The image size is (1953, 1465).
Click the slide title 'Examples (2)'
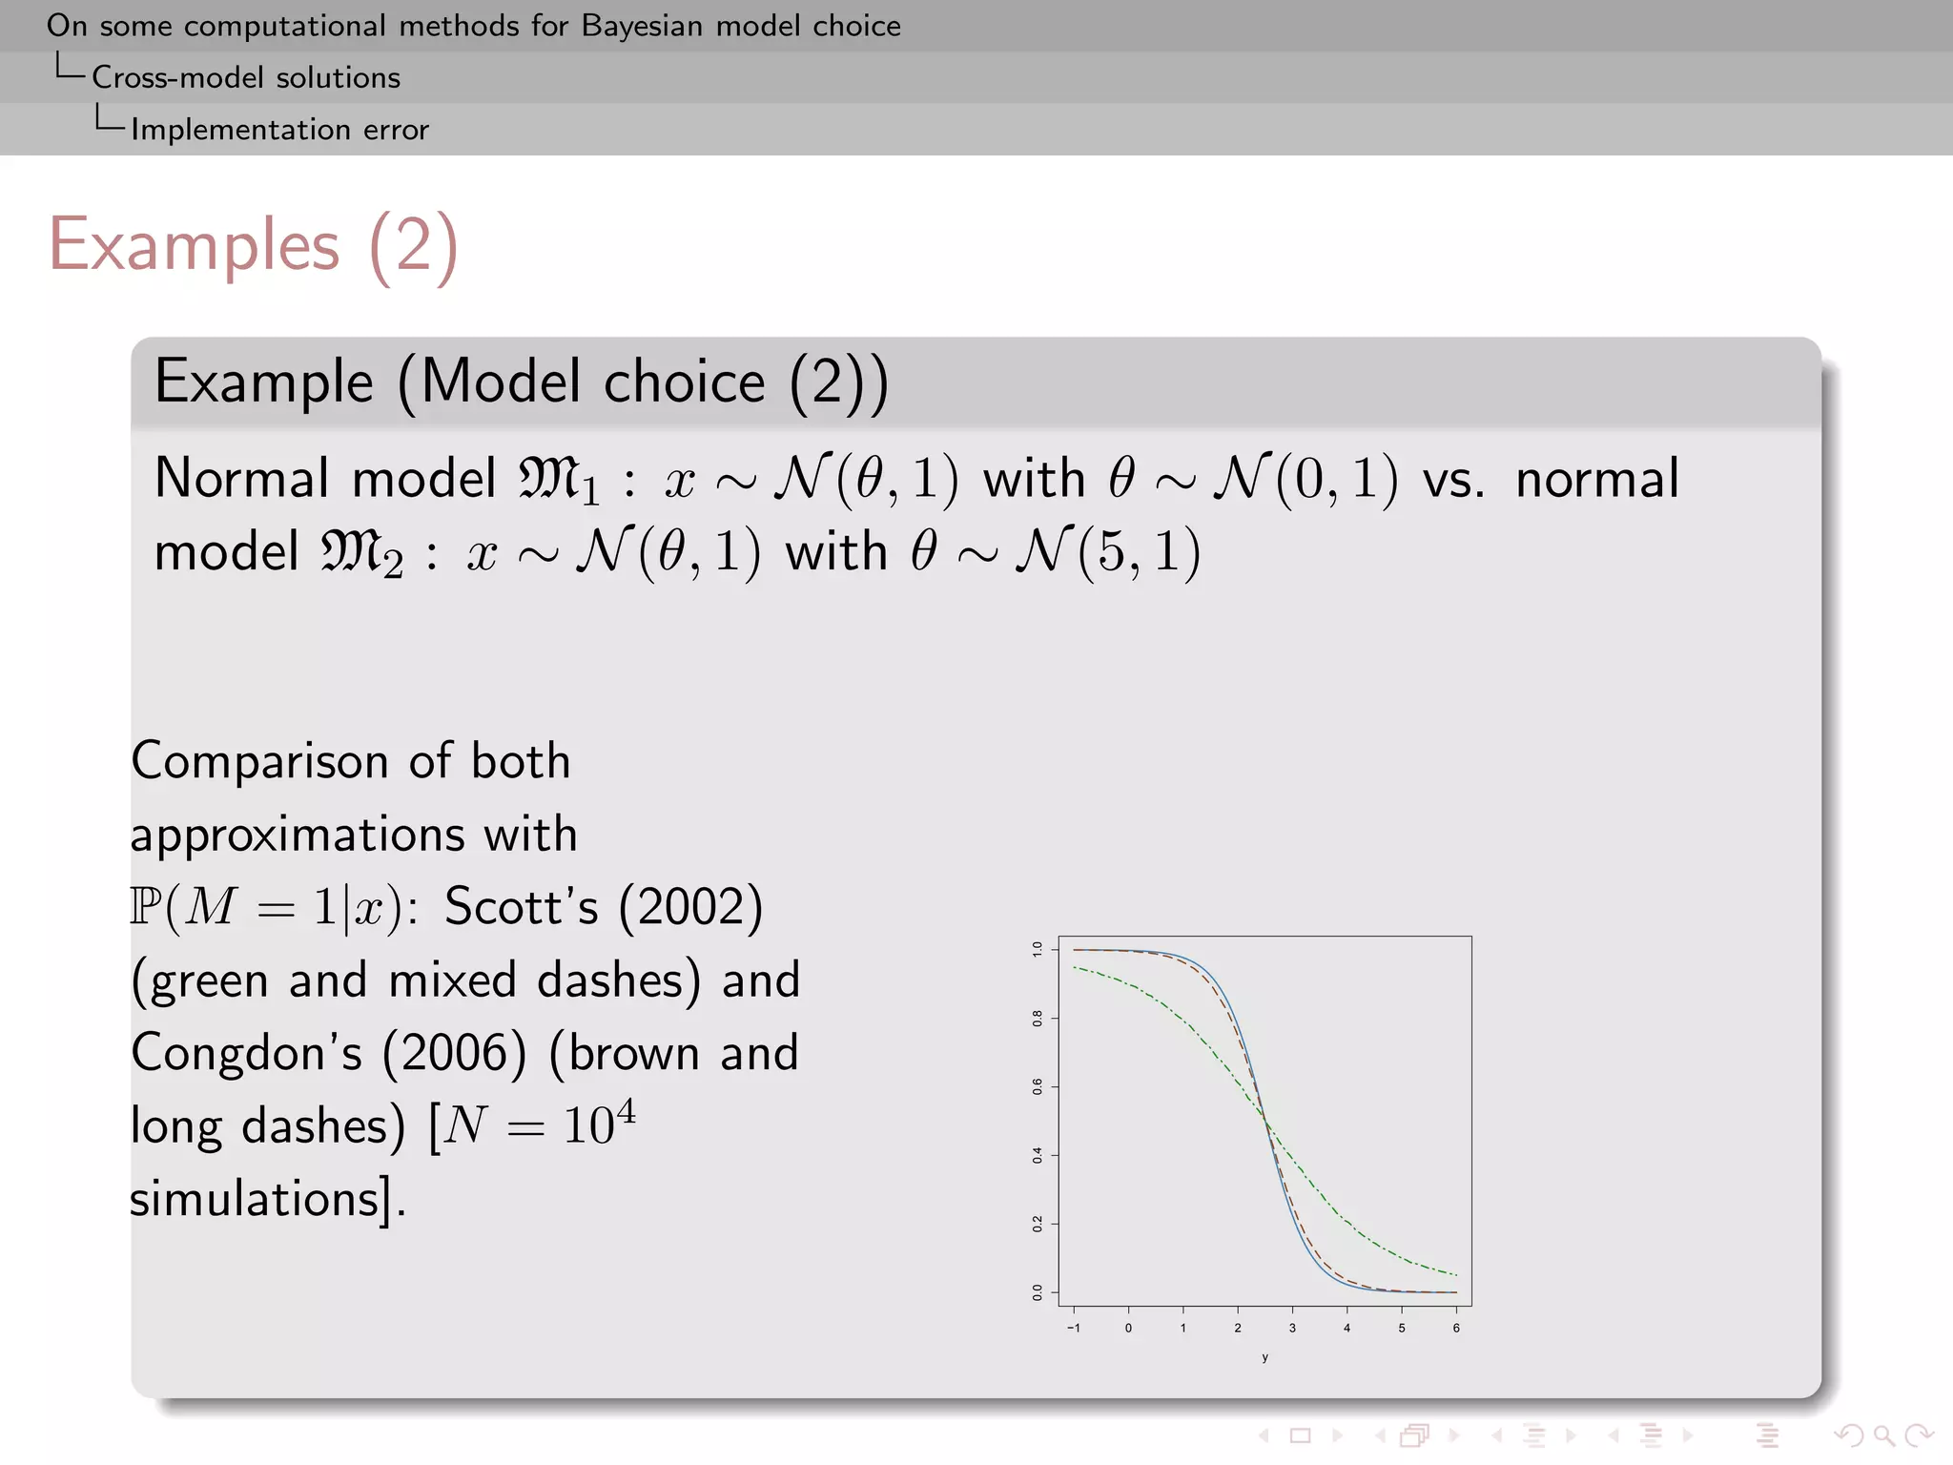(254, 245)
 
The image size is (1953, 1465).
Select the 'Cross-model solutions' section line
(245, 77)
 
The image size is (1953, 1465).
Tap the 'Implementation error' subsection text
(279, 130)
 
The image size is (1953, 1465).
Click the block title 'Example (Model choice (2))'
(521, 382)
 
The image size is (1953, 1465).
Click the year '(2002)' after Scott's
(690, 906)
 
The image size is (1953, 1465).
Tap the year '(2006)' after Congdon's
(454, 1053)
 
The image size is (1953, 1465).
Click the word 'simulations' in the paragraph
(255, 1199)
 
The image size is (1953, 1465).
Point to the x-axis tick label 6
(1456, 1328)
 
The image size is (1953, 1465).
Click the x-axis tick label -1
(1074, 1328)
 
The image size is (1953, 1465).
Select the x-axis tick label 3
(1292, 1328)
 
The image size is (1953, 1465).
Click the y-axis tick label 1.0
(1038, 949)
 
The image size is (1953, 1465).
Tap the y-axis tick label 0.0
(1038, 1292)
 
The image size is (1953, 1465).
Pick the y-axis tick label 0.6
(1038, 1086)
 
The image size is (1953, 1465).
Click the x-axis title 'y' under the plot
(1264, 1357)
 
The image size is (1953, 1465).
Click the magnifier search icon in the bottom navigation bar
(1882, 1435)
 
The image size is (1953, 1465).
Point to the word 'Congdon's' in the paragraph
(246, 1053)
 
